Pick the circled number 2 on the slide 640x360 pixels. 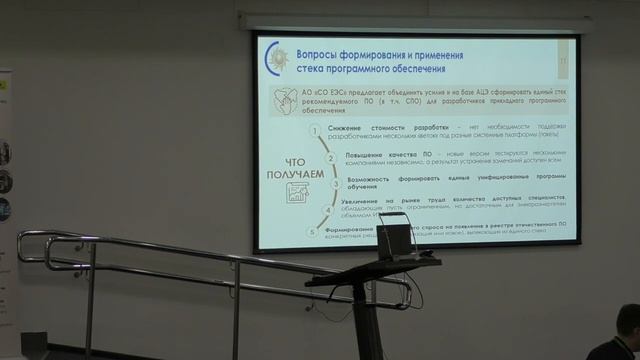(327, 158)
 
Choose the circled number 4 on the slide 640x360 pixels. (327, 209)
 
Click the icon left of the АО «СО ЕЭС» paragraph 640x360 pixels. (282, 97)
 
